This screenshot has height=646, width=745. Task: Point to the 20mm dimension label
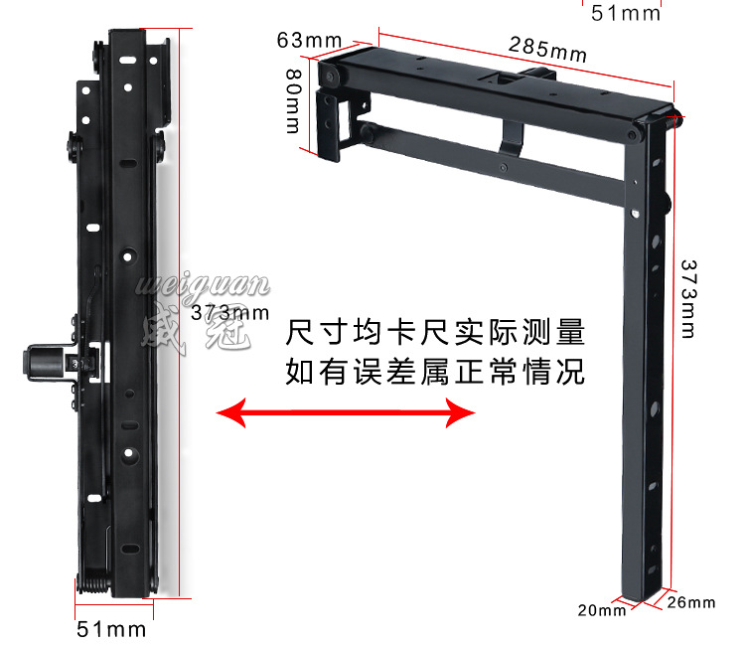click(601, 609)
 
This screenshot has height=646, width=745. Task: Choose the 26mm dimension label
click(690, 602)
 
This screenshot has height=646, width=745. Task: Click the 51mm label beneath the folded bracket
click(111, 629)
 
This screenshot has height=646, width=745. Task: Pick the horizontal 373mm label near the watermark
click(229, 311)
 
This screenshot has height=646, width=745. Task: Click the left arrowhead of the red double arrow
click(230, 413)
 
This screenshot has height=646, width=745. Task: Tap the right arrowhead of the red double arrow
click(461, 413)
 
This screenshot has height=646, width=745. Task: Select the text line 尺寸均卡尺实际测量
click(434, 331)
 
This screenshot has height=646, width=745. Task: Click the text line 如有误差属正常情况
click(434, 374)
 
